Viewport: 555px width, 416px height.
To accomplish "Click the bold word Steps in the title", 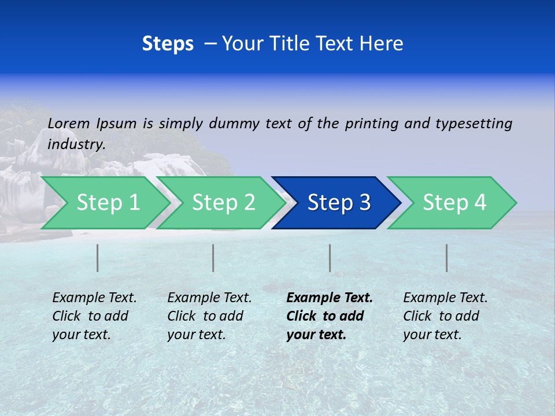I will (168, 44).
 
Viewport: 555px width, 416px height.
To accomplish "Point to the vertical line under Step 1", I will (98, 258).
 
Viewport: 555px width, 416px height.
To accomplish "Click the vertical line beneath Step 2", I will (213, 258).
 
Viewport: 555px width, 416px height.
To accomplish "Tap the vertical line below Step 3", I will (330, 258).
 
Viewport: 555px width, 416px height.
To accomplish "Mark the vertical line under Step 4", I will (446, 258).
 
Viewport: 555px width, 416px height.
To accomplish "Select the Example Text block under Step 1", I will (94, 316).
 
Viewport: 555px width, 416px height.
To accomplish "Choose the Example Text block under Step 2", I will (209, 316).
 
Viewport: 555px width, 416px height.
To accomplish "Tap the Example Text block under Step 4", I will (445, 316).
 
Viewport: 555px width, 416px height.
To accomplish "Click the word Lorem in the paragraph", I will (69, 123).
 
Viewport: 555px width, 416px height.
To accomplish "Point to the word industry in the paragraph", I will (76, 144).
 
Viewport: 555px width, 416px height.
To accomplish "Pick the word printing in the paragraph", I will (372, 124).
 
